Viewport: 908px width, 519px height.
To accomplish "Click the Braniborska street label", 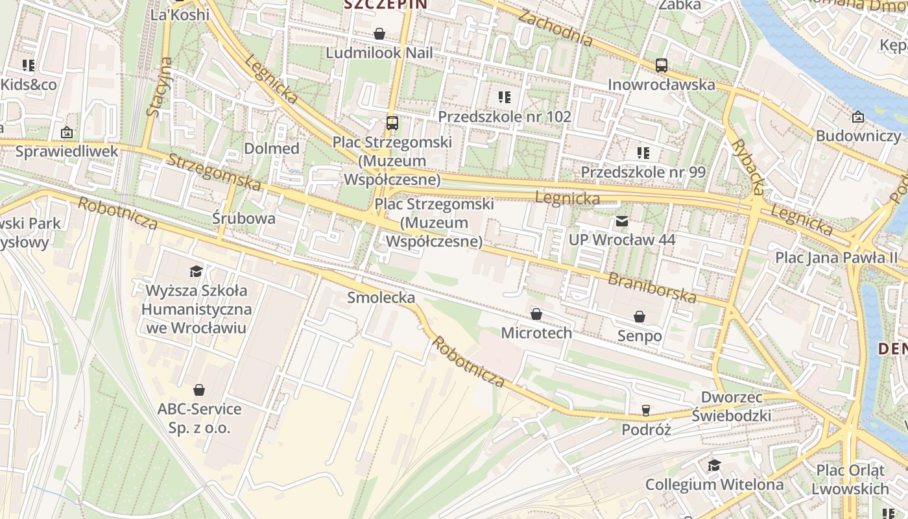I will (652, 289).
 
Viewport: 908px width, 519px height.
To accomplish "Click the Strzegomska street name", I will (214, 173).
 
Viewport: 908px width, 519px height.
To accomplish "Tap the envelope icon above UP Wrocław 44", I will (622, 221).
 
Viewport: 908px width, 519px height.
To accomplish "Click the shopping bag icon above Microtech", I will (536, 315).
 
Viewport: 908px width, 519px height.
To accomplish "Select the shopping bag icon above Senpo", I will (639, 317).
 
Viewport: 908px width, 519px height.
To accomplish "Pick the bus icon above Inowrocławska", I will (662, 66).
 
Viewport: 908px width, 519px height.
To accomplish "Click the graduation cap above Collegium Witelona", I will (714, 465).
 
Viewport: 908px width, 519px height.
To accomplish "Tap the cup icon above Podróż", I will (645, 410).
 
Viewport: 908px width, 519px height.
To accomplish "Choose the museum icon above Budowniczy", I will (858, 117).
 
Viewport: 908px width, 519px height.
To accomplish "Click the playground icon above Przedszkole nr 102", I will (505, 97).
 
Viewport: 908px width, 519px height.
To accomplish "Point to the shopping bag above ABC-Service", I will (199, 390).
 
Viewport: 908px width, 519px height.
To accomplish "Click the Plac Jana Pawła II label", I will (836, 258).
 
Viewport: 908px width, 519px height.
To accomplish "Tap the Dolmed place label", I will (272, 149).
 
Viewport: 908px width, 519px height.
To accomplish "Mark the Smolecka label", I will (381, 298).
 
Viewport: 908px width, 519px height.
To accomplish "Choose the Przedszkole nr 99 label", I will (643, 172).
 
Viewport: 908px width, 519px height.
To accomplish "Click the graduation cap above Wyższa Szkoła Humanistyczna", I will (196, 271).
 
